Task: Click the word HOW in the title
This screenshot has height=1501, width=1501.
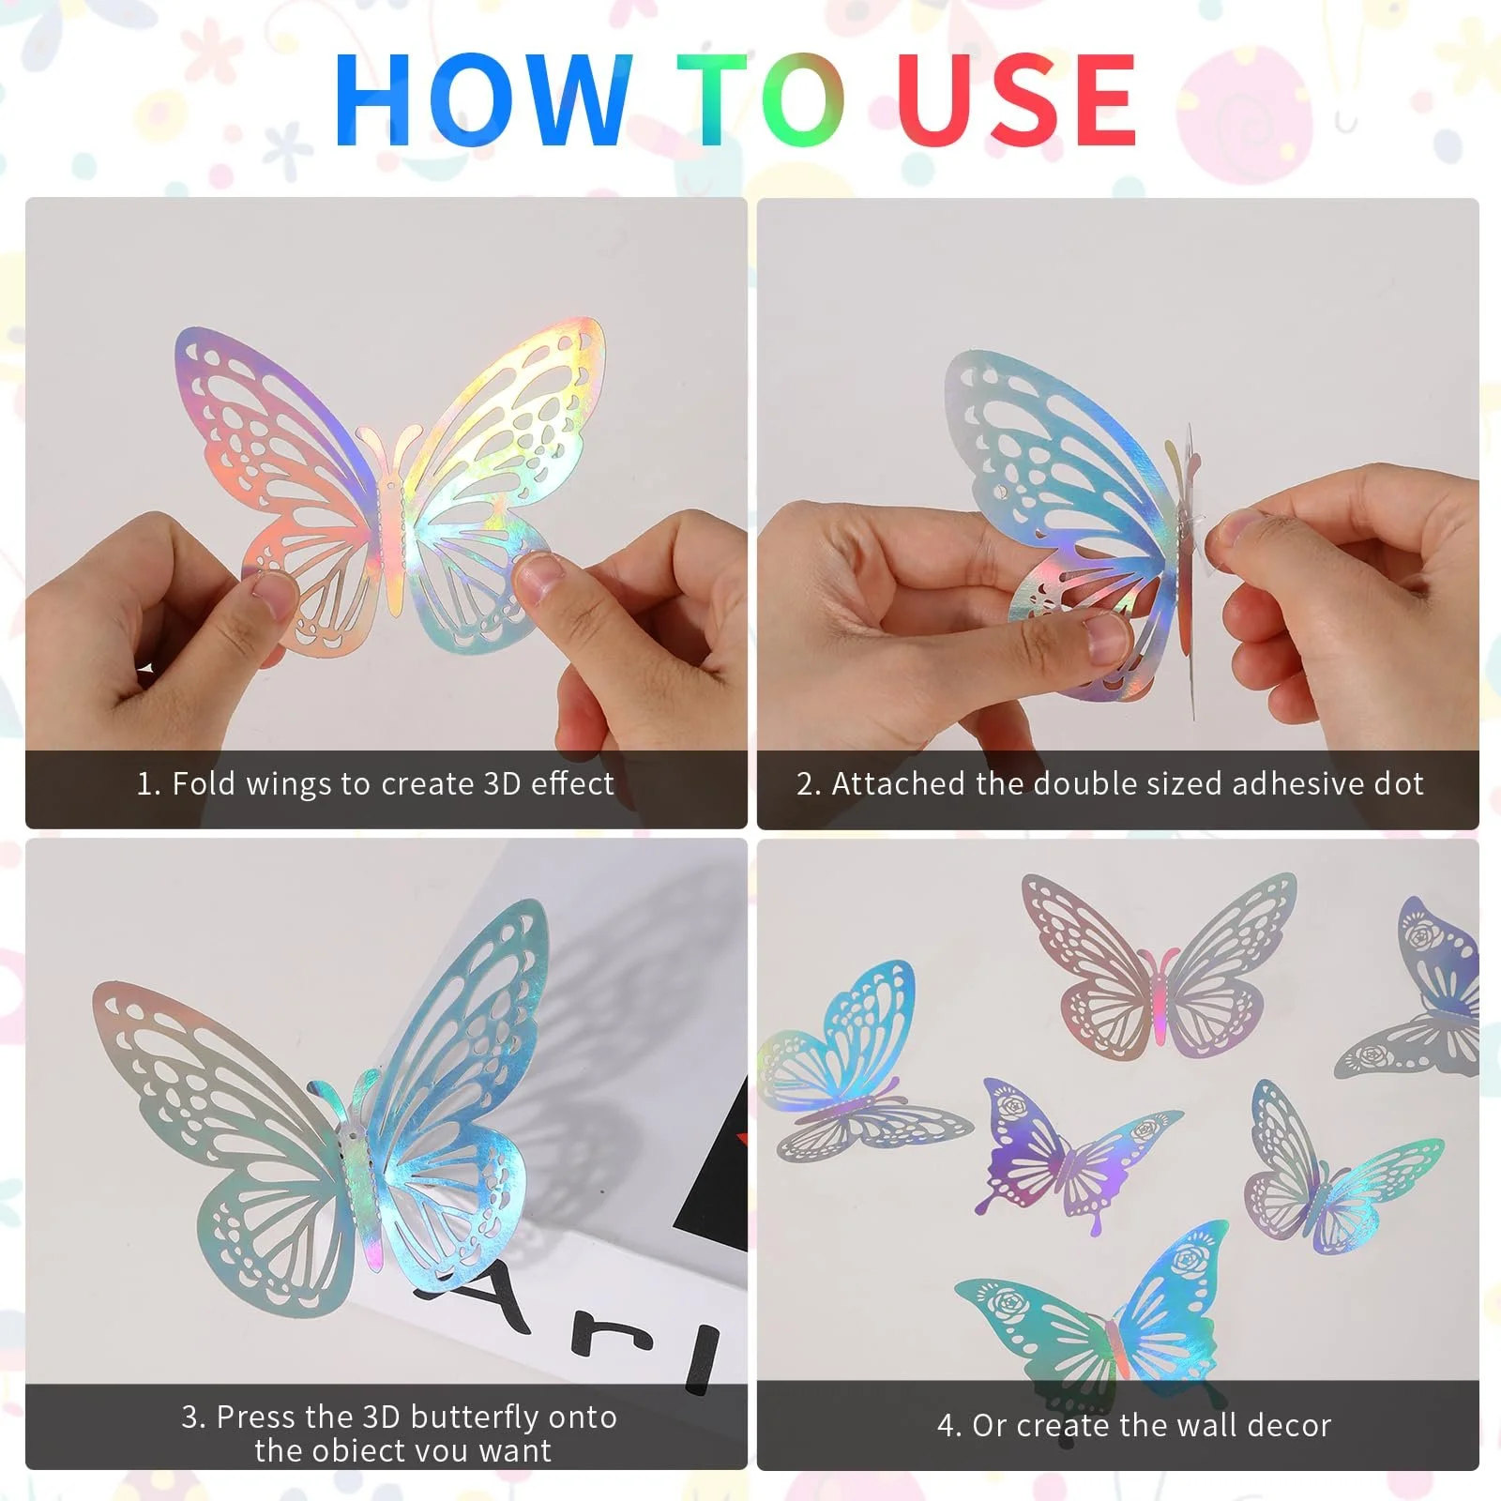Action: click(483, 99)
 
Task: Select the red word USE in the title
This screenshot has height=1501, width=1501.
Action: click(1016, 99)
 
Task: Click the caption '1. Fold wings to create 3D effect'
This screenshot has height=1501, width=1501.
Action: click(375, 783)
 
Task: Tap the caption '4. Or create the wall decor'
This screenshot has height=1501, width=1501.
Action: click(1134, 1426)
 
